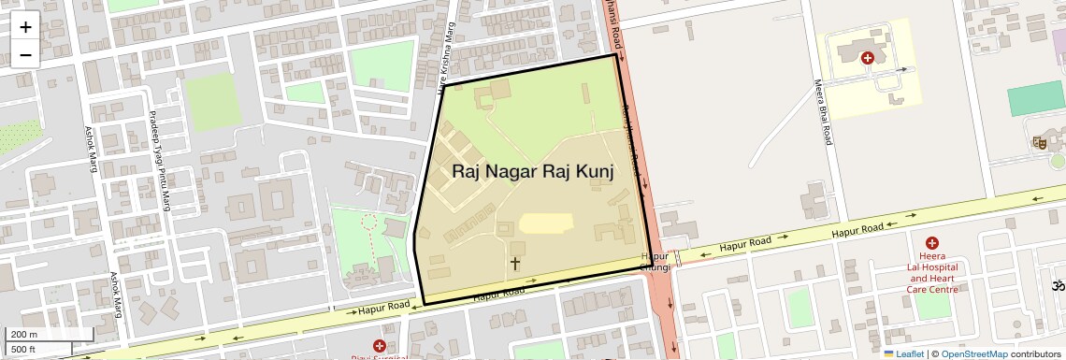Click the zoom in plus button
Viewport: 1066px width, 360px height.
25,26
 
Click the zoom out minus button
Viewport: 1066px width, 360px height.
25,54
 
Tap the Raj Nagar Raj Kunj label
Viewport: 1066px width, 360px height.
533,171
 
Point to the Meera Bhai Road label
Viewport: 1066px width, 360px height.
822,111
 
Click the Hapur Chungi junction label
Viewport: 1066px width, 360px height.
655,262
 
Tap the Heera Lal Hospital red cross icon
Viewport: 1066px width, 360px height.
932,243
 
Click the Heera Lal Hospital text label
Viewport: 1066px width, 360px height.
932,272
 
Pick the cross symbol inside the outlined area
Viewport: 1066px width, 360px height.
514,263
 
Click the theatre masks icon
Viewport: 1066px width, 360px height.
1039,143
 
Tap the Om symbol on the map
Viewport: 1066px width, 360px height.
1059,285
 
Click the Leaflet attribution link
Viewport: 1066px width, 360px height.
903,353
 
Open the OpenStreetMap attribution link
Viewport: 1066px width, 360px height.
973,353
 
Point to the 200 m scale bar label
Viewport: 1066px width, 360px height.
24,335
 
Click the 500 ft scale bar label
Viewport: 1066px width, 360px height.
23,350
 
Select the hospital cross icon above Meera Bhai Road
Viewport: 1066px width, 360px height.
867,58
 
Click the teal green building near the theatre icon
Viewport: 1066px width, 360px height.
1036,98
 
